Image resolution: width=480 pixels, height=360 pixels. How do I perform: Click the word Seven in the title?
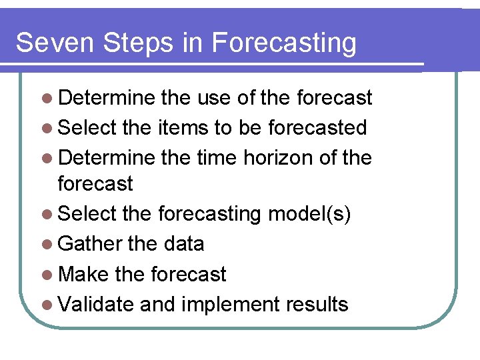point(55,43)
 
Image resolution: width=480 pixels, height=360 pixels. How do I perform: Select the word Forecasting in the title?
point(285,43)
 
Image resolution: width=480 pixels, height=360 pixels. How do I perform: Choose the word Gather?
point(91,244)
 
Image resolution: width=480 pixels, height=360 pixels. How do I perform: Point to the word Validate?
point(97,304)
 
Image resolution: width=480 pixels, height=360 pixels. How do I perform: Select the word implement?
point(231,305)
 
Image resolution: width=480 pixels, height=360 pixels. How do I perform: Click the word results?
point(317,304)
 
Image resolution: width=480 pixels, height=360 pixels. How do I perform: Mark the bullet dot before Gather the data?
point(45,245)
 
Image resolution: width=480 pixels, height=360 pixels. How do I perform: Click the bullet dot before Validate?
point(45,305)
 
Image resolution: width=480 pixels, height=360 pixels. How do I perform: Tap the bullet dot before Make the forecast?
point(45,275)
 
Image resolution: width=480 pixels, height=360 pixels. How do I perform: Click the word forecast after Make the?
point(189,274)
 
